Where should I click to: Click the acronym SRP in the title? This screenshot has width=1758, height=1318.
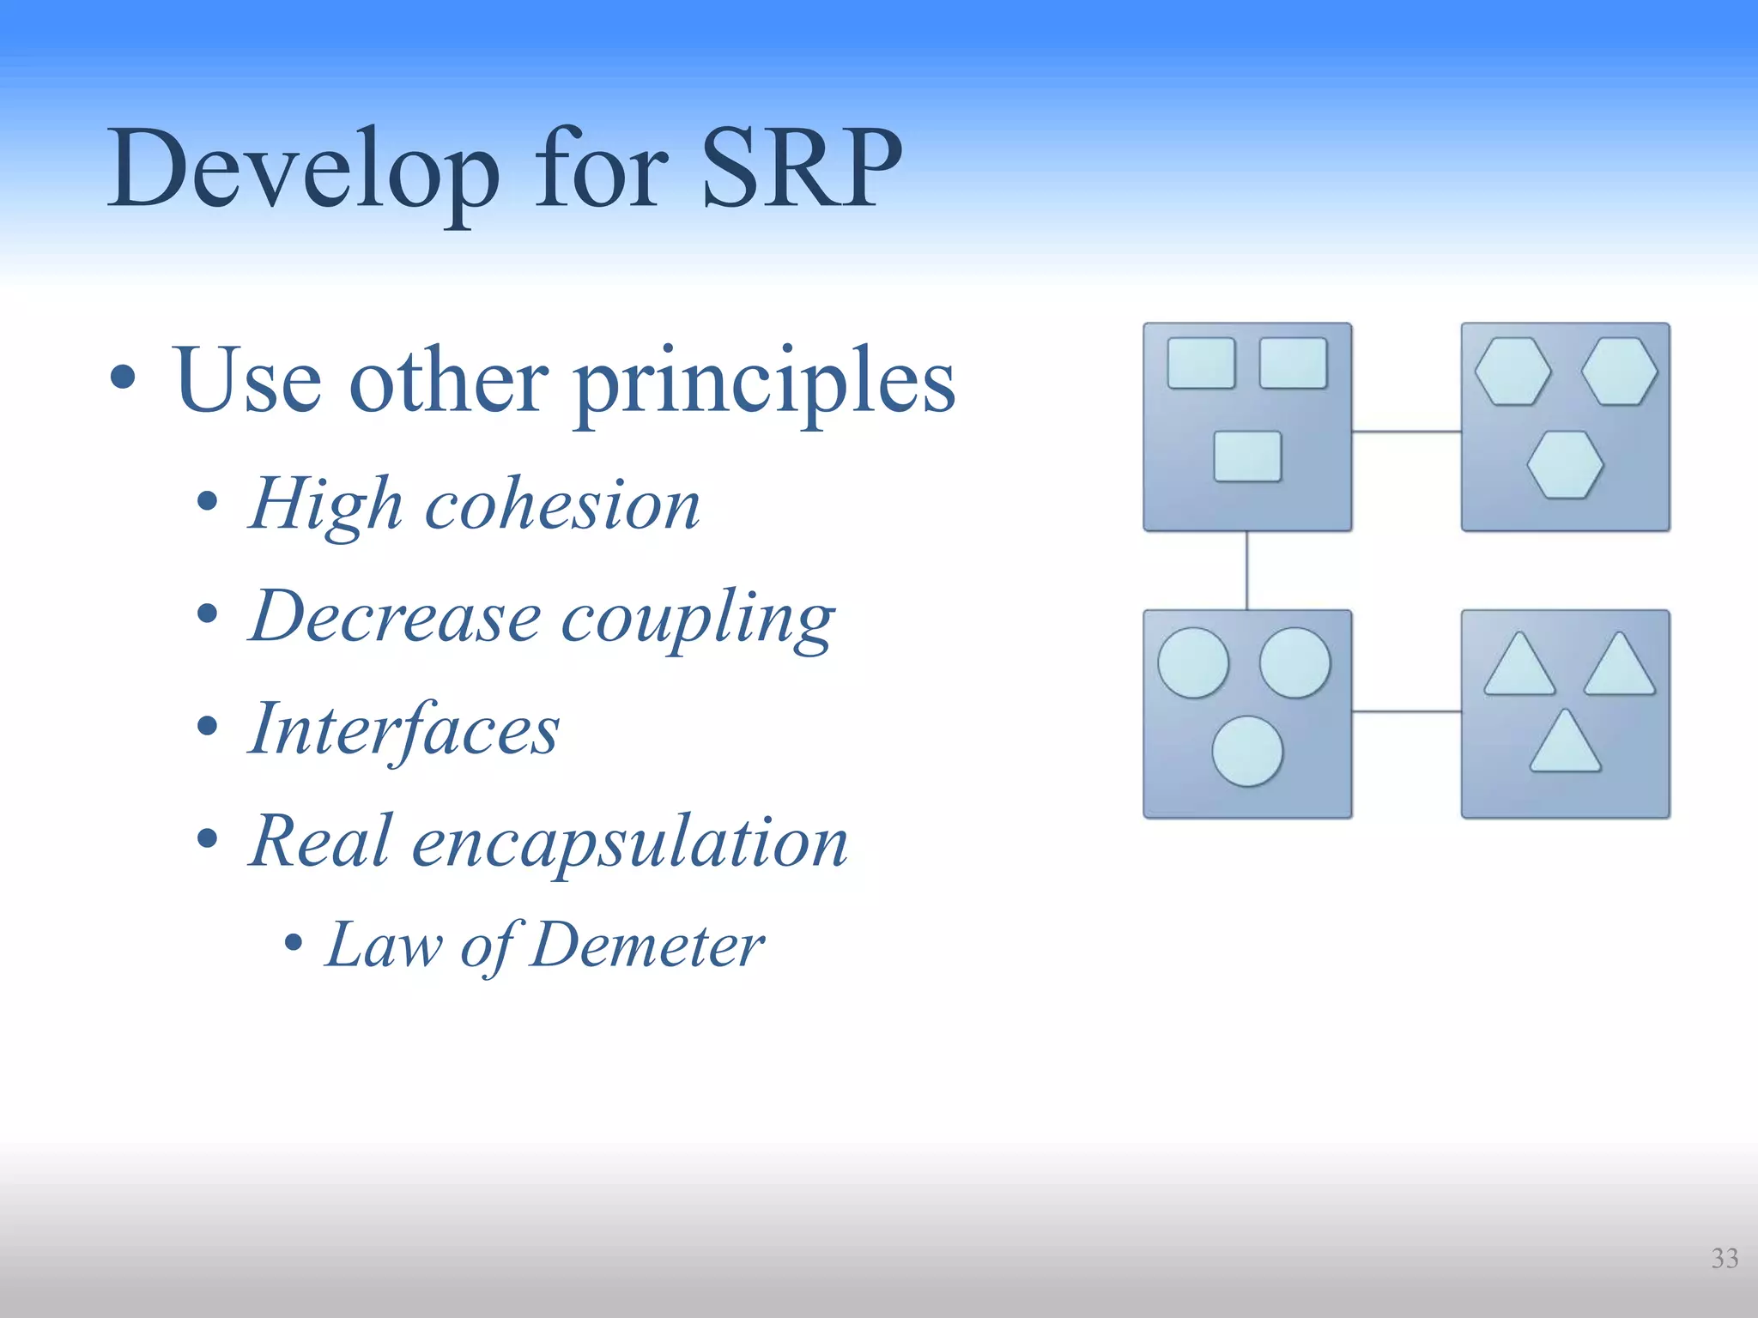coord(802,168)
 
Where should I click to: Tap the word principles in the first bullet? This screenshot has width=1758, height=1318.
coord(764,383)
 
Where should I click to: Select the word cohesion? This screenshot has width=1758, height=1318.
coord(562,505)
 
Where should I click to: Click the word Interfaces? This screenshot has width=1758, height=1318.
coord(403,729)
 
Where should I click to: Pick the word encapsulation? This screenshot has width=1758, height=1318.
coord(630,843)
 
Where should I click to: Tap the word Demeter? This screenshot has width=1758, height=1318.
coord(646,946)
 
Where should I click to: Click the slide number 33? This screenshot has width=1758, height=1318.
coord(1725,1258)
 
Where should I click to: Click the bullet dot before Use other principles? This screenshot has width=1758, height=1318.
coord(123,378)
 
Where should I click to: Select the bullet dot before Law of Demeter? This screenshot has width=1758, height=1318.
coord(293,943)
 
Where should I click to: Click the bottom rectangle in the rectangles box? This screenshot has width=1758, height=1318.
coord(1247,456)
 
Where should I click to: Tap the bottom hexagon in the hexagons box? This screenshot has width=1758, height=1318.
coord(1565,465)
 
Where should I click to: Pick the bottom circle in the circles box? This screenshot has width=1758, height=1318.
coord(1247,751)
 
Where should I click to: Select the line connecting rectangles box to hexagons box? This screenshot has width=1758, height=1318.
coord(1406,432)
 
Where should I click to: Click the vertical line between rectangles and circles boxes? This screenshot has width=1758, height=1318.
coord(1246,571)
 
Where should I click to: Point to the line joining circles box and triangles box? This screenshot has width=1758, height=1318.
coord(1406,711)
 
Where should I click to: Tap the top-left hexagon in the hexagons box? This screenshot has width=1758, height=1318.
coord(1512,372)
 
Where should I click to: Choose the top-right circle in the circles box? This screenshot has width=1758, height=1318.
coord(1294,662)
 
